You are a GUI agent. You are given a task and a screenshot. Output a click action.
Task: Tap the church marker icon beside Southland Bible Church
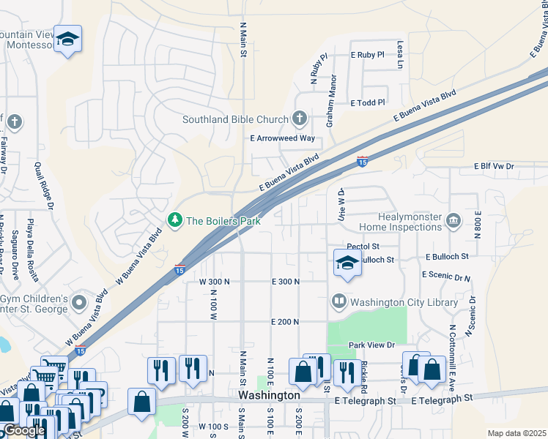point(299,118)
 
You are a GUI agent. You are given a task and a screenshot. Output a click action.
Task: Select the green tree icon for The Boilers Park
point(174,219)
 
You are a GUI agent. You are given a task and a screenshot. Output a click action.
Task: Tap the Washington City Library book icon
point(339,301)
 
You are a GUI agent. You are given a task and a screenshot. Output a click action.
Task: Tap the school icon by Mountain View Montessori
point(67,40)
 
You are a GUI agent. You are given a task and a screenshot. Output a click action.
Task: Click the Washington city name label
point(269,395)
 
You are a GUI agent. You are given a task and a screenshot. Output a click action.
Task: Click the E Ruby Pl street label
point(368,55)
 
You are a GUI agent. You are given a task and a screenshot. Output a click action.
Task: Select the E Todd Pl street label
point(368,103)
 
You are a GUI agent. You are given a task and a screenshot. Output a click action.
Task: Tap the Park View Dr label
point(371,345)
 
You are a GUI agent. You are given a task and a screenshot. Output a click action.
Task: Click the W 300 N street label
point(214,282)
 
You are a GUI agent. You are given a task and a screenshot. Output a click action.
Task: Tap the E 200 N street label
point(286,322)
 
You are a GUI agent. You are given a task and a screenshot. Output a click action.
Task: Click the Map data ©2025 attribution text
point(516,433)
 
